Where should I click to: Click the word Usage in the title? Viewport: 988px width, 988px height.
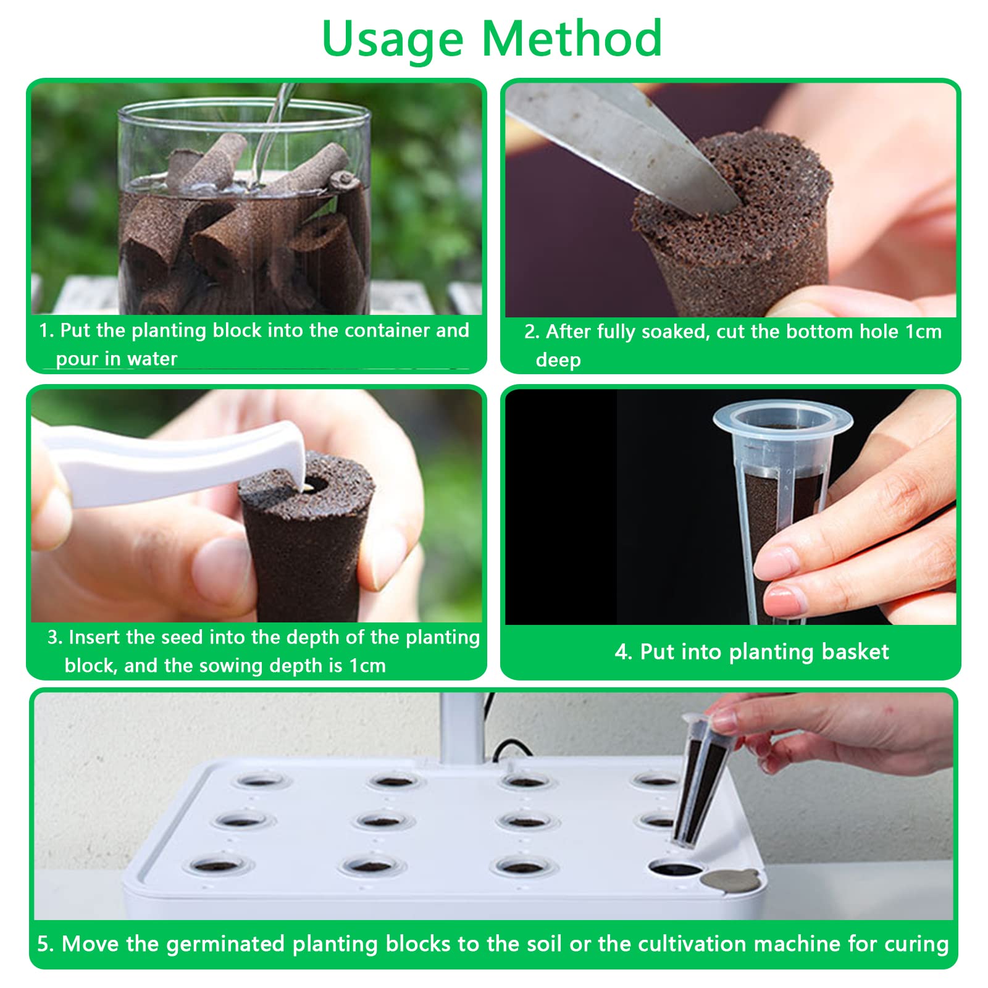(x=393, y=38)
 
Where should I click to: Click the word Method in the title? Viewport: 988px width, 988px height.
(x=572, y=38)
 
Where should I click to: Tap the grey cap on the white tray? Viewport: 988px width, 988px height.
(x=731, y=879)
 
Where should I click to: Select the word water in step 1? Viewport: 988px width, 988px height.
(x=152, y=359)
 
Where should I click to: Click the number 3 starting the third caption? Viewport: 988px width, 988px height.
(x=52, y=637)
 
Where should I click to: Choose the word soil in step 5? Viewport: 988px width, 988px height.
(x=546, y=944)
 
